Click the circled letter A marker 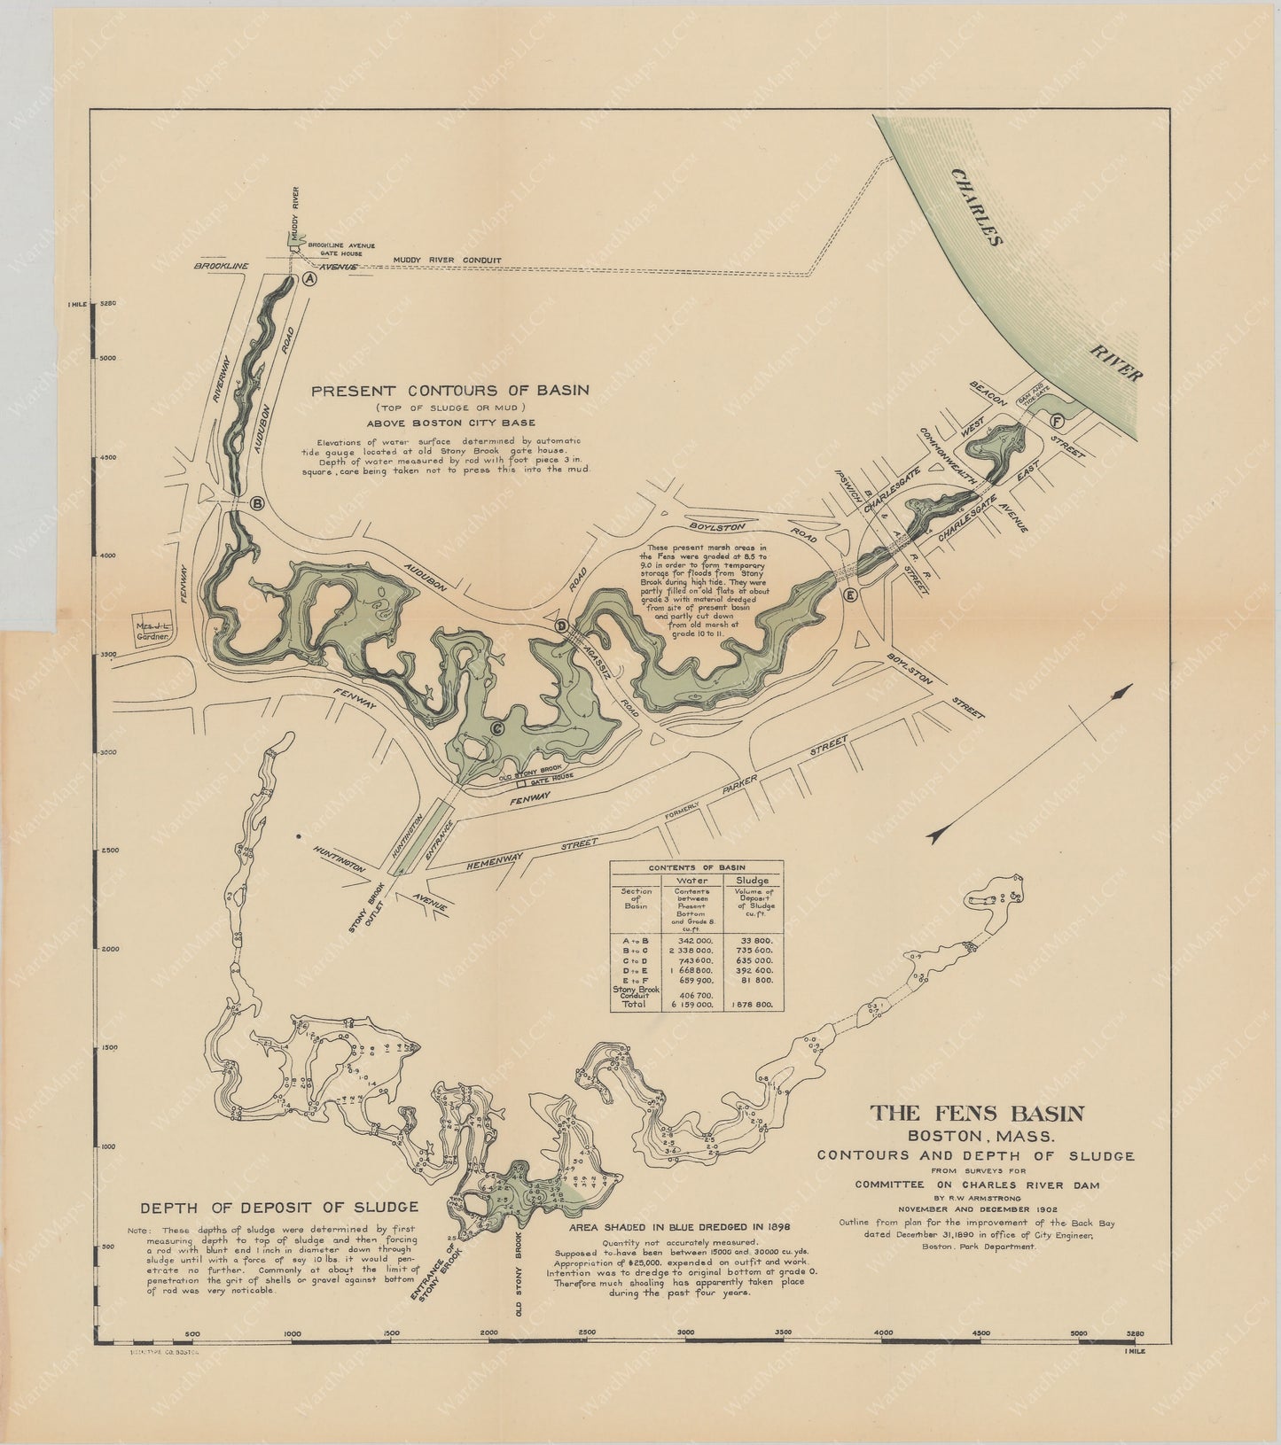tap(309, 278)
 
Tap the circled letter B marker tap(257, 503)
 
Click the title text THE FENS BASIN tap(975, 1114)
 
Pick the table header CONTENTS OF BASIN tap(695, 866)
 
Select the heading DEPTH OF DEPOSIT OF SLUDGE tap(279, 1207)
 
